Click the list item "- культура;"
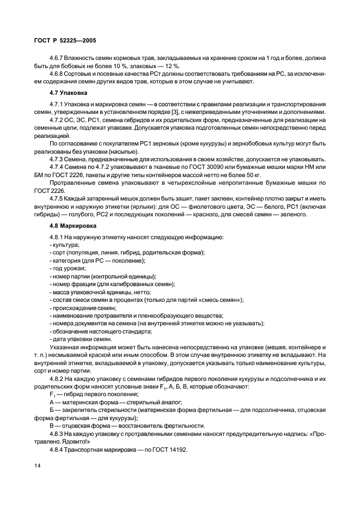click(64, 245)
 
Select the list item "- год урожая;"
click(68, 268)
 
